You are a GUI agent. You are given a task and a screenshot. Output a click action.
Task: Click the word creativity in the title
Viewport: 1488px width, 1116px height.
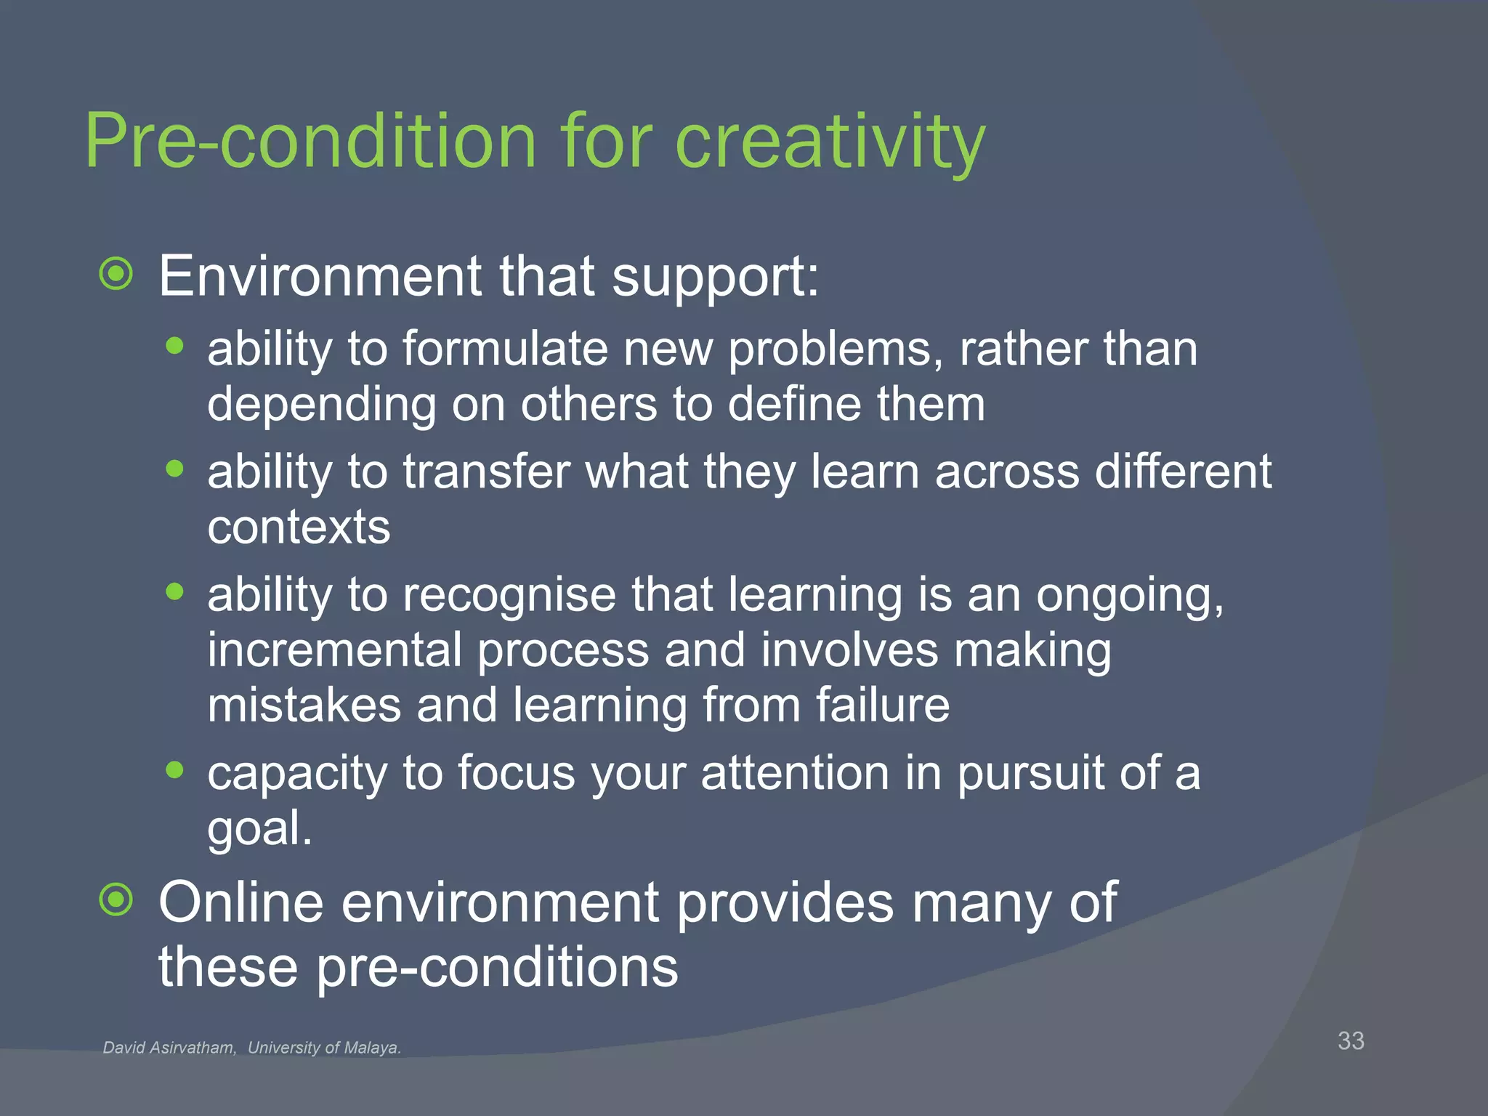829,141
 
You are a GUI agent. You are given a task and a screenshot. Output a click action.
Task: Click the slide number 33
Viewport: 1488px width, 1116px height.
1351,1040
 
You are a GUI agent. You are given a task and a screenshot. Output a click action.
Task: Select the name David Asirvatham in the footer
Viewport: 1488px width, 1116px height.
169,1048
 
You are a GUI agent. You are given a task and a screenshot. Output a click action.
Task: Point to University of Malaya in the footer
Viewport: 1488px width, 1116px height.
324,1048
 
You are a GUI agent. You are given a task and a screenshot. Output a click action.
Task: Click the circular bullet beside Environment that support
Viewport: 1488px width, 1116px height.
116,275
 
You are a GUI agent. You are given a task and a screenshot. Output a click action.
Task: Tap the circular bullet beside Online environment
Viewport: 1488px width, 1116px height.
116,901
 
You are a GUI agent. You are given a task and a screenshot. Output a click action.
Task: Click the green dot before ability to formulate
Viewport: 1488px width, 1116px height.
174,347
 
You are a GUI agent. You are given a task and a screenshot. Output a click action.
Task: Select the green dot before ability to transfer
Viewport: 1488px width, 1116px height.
174,469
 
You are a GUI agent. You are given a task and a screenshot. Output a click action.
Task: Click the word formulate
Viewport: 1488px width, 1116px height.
505,349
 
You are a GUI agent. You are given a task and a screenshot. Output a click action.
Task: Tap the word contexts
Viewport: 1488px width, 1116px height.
299,527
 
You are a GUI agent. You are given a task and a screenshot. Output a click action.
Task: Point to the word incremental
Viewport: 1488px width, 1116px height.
334,650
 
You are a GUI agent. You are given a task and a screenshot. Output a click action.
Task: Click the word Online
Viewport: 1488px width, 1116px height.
240,902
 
